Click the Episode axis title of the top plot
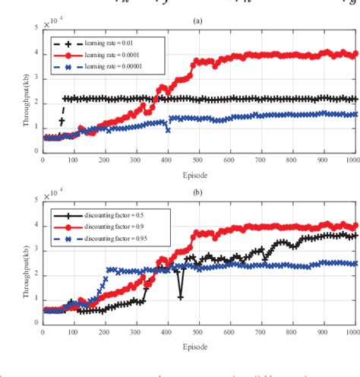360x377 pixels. pos(200,173)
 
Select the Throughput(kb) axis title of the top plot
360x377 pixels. pos(15,90)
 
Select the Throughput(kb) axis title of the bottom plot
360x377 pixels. pos(15,260)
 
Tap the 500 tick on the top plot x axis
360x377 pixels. pos(197,162)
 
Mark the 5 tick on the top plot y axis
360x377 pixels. pos(35,28)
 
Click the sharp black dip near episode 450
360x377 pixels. pos(180,297)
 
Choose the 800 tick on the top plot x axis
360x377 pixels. pos(291,162)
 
